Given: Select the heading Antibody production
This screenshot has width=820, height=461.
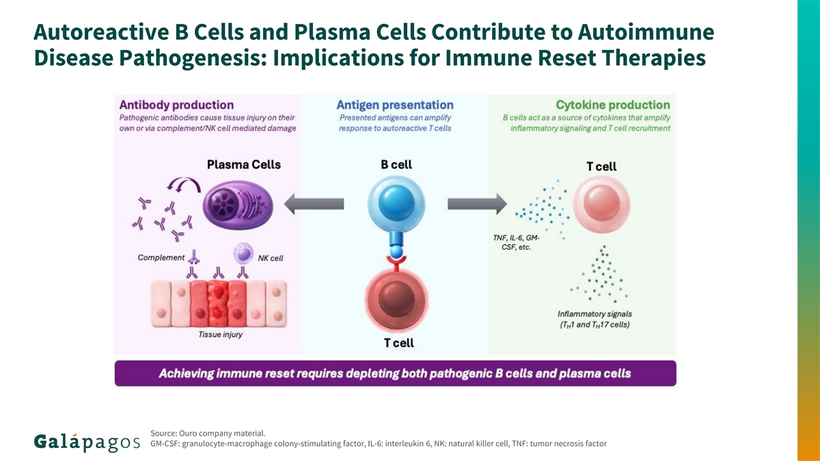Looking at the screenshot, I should (176, 105).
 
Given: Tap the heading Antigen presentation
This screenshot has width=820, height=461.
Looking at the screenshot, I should (395, 105).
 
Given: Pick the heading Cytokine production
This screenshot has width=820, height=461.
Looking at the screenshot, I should (612, 105).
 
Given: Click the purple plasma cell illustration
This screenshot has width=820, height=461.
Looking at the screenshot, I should (238, 204).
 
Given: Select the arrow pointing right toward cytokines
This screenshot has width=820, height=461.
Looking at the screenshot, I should (477, 204).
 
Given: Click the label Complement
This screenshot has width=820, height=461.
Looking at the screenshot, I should (161, 258).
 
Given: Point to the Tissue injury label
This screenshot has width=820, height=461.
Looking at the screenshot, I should (220, 335).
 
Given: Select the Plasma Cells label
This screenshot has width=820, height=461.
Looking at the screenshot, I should (243, 165).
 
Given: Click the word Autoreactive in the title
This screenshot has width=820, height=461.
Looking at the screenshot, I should (98, 32).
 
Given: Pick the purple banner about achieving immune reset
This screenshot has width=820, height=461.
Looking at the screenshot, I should (395, 374).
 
